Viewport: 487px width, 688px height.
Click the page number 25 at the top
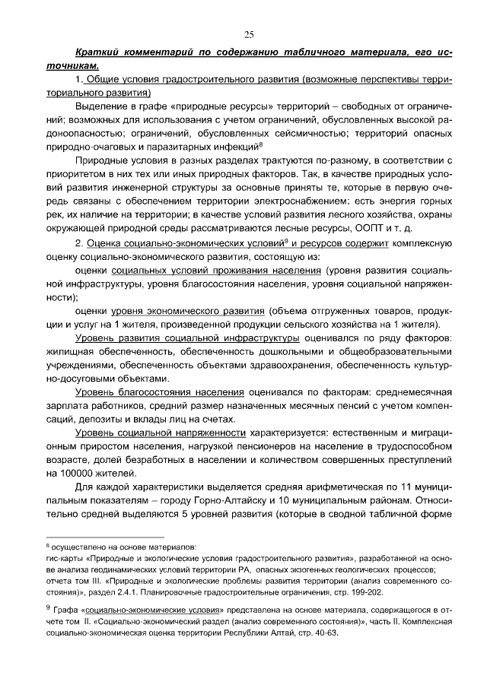[x=249, y=34]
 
